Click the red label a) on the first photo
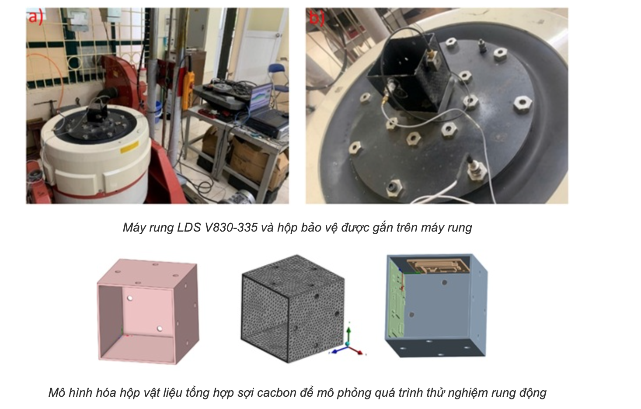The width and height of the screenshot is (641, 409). click(x=35, y=17)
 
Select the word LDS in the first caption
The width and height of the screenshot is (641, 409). click(x=189, y=227)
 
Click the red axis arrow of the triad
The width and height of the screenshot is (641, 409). click(x=356, y=350)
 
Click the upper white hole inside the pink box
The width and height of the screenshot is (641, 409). click(x=130, y=298)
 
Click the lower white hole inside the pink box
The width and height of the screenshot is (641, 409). click(x=160, y=329)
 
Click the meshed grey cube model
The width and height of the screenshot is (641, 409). click(x=293, y=309)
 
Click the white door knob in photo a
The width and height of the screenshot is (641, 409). click(x=277, y=35)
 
